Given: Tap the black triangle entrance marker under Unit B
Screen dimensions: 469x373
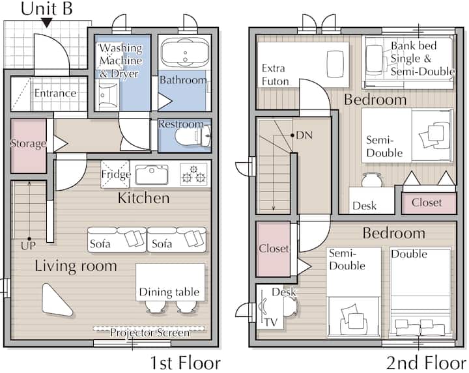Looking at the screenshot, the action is click(x=47, y=23).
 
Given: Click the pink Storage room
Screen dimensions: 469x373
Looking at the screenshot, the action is click(x=29, y=146).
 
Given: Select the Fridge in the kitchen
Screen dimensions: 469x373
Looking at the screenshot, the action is click(x=115, y=174).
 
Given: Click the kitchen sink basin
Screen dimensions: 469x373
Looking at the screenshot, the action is click(x=152, y=174).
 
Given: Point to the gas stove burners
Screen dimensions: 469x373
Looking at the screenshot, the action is click(x=193, y=174).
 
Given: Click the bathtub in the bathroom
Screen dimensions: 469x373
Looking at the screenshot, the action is click(x=184, y=53).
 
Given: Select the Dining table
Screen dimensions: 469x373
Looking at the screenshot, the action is click(x=170, y=282).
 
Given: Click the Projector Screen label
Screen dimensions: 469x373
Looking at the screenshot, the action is click(x=150, y=333).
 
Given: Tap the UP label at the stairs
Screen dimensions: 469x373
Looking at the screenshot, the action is click(x=28, y=245).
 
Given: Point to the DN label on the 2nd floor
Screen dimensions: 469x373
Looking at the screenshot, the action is click(x=304, y=135).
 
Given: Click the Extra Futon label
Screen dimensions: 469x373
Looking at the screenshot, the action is click(x=275, y=75).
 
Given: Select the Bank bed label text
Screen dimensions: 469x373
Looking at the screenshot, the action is click(x=414, y=46).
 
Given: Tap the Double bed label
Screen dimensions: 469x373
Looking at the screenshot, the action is click(x=409, y=254).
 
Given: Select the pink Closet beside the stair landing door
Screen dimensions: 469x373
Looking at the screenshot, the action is click(x=274, y=249).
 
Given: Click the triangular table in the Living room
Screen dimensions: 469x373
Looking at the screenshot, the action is click(x=56, y=300).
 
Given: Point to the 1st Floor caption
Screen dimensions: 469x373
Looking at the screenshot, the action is click(x=185, y=363).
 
